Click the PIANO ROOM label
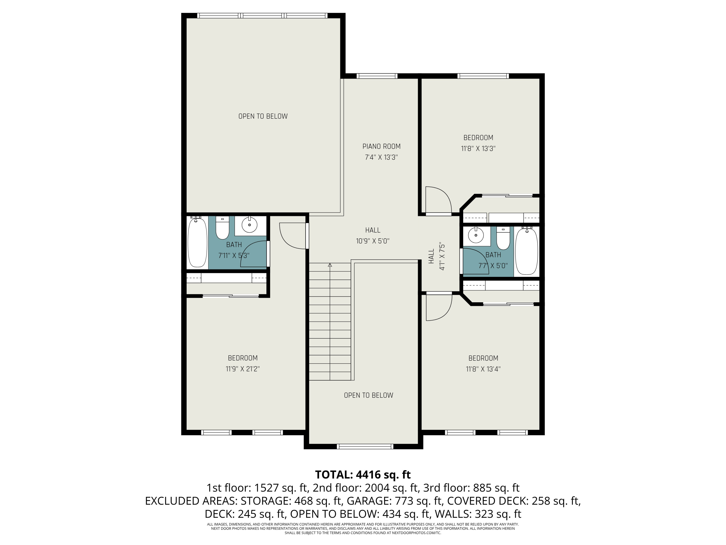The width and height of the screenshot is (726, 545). coord(381,147)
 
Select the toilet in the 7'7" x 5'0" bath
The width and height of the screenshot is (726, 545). coord(503,239)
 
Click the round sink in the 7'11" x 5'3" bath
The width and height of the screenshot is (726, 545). coord(250,225)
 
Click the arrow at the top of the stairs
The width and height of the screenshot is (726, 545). coord(330,265)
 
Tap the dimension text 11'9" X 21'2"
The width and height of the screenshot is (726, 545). coord(242,369)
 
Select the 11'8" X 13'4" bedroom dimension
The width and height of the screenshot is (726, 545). coord(483,369)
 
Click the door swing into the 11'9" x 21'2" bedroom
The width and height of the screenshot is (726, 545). coord(292,236)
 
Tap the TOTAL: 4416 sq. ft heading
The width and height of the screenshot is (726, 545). coord(363,474)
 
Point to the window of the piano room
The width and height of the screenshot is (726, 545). coord(377,76)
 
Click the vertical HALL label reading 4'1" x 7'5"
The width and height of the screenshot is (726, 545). coord(437,256)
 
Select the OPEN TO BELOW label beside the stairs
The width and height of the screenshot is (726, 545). coord(368,395)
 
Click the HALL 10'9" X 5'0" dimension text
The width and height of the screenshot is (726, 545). coord(372,241)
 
